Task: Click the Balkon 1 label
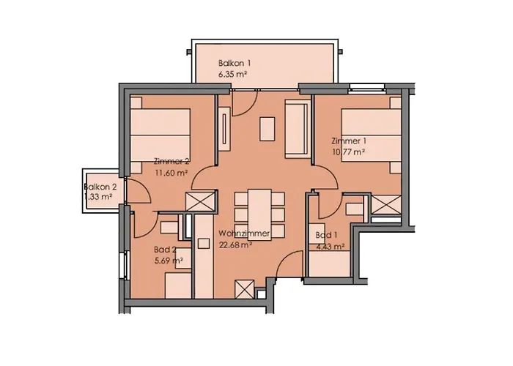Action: (235, 63)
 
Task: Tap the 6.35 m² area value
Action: (232, 75)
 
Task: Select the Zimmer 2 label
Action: (171, 162)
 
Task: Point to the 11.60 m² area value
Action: (171, 173)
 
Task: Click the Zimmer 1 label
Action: (349, 141)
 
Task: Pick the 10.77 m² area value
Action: (348, 152)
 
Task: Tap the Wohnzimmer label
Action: (244, 234)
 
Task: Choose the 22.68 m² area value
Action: (235, 244)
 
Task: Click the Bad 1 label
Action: (326, 235)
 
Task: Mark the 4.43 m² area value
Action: (331, 247)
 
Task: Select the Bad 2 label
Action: (165, 250)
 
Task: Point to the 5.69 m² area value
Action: (169, 261)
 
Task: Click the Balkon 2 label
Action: (100, 187)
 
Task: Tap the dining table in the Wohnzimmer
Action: (259, 214)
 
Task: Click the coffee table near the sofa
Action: (267, 129)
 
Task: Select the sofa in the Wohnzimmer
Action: (298, 129)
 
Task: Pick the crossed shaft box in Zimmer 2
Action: (200, 201)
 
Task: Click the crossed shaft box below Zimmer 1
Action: (386, 205)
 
